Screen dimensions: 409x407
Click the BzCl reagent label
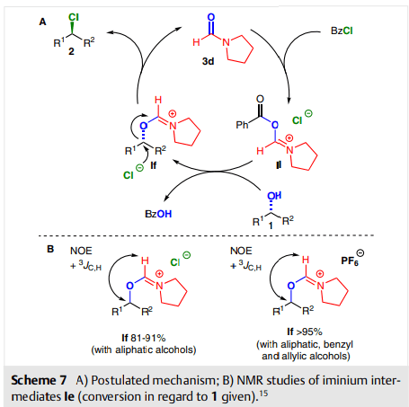tap(342, 31)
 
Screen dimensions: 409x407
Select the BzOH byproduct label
tap(158, 214)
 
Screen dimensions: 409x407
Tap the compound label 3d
tap(208, 61)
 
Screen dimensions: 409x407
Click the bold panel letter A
tap(43, 22)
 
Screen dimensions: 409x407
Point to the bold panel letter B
tap(50, 249)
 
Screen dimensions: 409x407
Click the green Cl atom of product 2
tap(74, 17)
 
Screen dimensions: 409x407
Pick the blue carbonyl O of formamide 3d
tap(211, 17)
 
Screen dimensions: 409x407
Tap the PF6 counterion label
tap(350, 261)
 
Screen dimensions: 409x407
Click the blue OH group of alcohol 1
tap(274, 196)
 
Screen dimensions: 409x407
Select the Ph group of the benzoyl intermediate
tap(242, 125)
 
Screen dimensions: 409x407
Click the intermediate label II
tap(279, 164)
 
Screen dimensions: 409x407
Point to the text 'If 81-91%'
tap(144, 338)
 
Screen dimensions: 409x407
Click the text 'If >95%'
tap(305, 332)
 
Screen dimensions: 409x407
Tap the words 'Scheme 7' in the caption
tap(39, 380)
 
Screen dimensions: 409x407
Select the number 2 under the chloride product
tap(71, 51)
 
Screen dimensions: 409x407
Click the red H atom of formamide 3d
tap(196, 42)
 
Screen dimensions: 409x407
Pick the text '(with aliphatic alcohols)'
tap(144, 349)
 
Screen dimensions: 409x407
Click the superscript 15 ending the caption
tap(263, 393)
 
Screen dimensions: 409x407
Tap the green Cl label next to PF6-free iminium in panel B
tap(175, 262)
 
